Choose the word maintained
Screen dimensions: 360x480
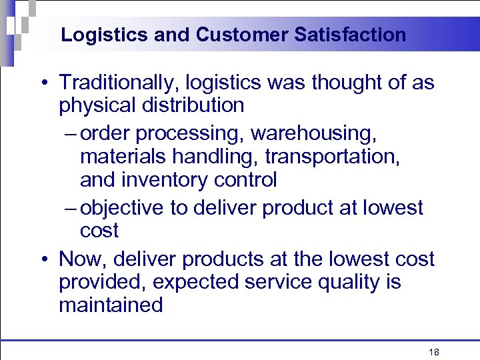click(111, 305)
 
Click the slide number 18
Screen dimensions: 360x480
click(434, 353)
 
